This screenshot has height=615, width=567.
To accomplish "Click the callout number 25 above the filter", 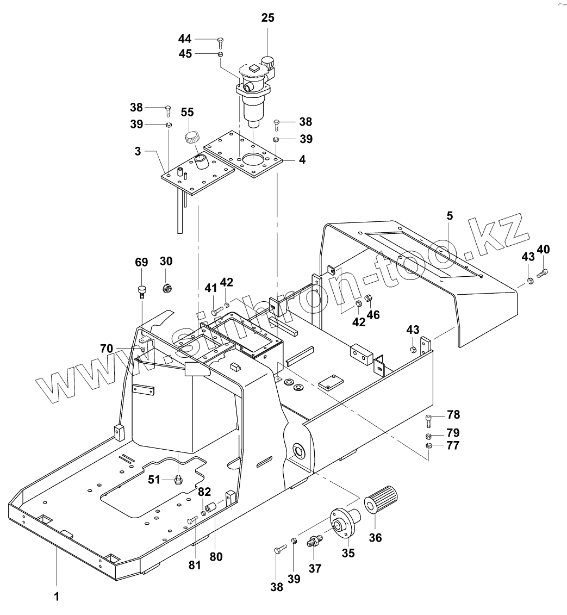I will click(267, 18).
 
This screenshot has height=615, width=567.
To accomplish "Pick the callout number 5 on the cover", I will click(449, 215).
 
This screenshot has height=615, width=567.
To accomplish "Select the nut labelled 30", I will click(167, 286).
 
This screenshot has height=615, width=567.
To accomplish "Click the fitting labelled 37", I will click(315, 542).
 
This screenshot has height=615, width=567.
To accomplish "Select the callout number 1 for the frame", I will click(56, 597).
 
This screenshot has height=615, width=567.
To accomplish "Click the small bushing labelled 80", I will click(211, 507).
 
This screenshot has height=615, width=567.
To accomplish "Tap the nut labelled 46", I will click(369, 298).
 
